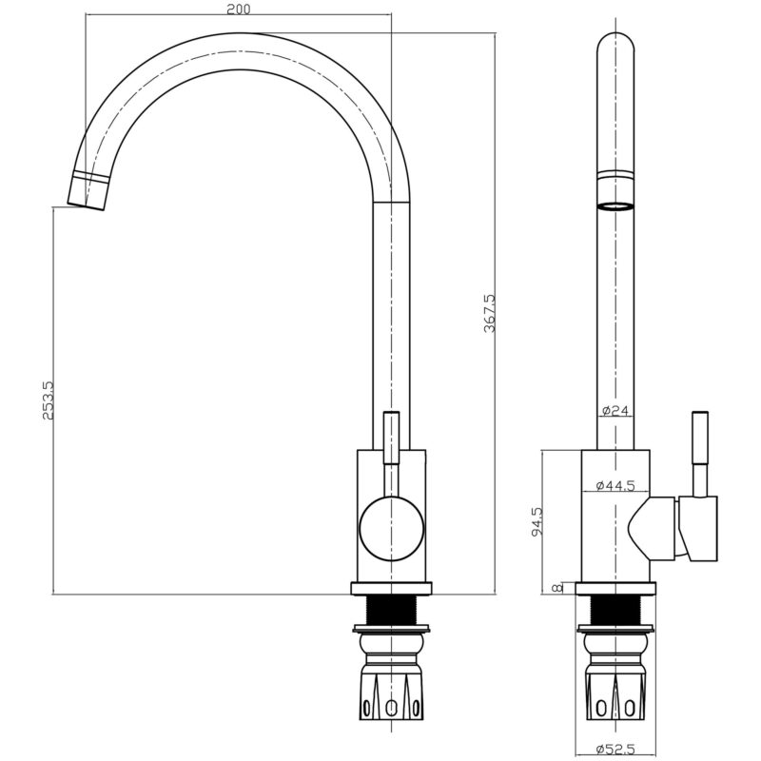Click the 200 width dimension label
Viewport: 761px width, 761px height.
click(x=239, y=10)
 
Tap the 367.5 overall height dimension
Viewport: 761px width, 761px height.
click(x=490, y=313)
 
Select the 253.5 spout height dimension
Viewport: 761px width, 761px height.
click(x=49, y=400)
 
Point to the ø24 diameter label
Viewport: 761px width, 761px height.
click(x=615, y=411)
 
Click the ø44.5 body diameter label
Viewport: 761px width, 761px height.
click(x=615, y=485)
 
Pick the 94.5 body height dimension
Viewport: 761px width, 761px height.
click(x=537, y=521)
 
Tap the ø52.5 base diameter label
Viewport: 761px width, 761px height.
click(x=615, y=750)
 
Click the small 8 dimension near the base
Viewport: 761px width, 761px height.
click(x=558, y=588)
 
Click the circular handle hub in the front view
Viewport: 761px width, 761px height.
click(x=392, y=529)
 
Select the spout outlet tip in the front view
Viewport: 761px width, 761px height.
click(x=87, y=191)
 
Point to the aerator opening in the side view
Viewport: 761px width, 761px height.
click(x=615, y=206)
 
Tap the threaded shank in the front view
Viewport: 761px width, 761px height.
click(x=391, y=611)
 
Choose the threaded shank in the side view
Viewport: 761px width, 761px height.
click(x=615, y=611)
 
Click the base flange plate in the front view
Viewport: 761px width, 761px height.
click(x=391, y=588)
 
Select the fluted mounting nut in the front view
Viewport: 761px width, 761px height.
click(x=391, y=694)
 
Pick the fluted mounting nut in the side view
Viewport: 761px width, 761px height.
click(x=615, y=694)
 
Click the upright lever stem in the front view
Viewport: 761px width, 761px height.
click(x=391, y=438)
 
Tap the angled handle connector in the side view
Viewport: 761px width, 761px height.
click(x=651, y=528)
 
